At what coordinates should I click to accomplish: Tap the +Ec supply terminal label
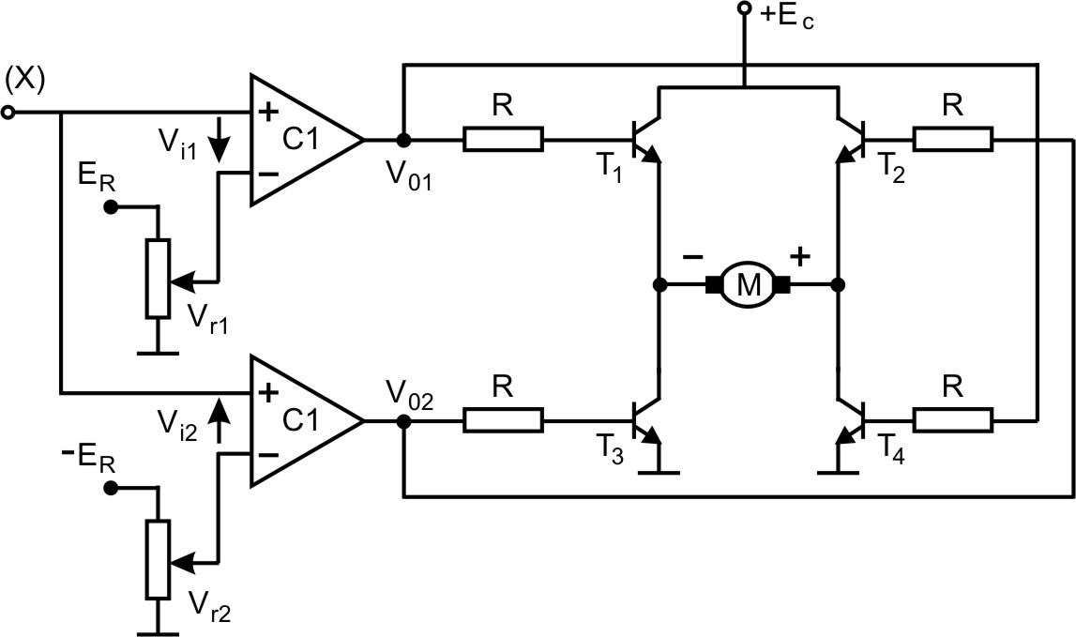click(786, 16)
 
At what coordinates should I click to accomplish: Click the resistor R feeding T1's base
click(503, 140)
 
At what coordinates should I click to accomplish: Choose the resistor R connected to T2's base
click(952, 140)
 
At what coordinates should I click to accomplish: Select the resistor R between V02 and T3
click(503, 421)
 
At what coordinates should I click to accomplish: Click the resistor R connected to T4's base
click(952, 421)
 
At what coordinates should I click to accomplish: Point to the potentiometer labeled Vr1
click(159, 279)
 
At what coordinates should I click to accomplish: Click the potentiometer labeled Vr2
click(159, 560)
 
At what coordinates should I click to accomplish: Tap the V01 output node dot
click(403, 140)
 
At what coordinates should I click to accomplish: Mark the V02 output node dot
click(403, 421)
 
